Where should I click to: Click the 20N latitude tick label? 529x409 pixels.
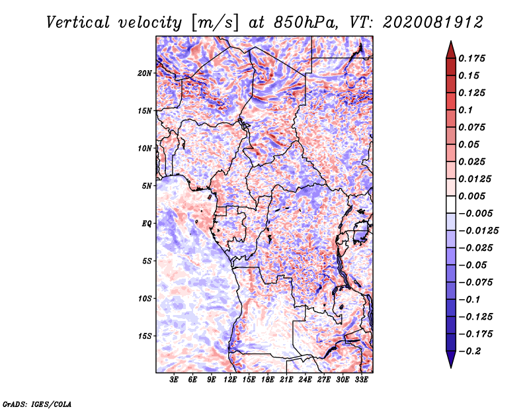(x=145, y=73)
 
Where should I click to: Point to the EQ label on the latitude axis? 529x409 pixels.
(x=147, y=224)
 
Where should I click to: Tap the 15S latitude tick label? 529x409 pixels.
(x=145, y=336)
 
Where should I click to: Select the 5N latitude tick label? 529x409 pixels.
(x=147, y=186)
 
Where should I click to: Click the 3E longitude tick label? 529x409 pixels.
(x=174, y=380)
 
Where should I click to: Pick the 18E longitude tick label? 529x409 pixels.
(x=268, y=380)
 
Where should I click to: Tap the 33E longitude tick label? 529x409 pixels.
(x=361, y=380)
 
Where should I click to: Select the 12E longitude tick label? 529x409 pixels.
(x=230, y=380)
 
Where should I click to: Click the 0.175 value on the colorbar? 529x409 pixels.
(x=472, y=58)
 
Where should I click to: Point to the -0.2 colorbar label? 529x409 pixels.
(x=469, y=351)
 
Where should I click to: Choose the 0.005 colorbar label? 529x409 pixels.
(x=472, y=196)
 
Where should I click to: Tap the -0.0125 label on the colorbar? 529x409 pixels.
(x=478, y=231)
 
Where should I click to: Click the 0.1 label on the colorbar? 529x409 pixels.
(x=466, y=110)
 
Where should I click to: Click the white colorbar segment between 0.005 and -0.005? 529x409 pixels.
(x=451, y=204)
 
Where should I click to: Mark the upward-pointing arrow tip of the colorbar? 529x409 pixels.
(x=451, y=41)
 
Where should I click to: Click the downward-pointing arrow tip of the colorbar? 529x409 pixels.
(x=451, y=368)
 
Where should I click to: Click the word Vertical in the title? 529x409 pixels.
(x=78, y=23)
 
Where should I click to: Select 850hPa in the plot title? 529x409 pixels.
(x=305, y=23)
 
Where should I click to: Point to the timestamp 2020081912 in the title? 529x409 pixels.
(x=433, y=23)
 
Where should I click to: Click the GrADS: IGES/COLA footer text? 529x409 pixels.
(x=37, y=404)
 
